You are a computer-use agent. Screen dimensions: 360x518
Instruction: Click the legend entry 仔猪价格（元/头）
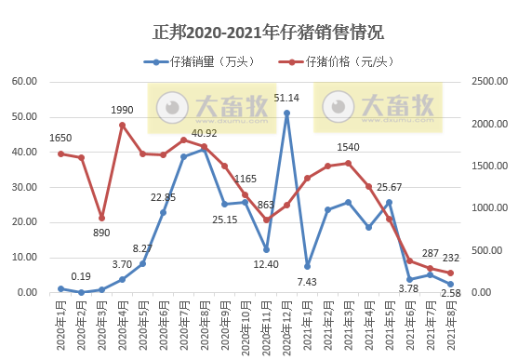click(338, 62)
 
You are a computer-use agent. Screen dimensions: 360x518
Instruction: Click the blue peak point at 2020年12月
click(286, 113)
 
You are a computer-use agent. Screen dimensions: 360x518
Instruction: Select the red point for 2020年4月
click(122, 125)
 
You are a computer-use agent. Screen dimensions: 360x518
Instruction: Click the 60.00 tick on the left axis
click(22, 82)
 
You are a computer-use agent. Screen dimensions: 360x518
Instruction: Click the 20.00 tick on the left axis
click(22, 222)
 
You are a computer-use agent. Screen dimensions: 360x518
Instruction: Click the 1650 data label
click(60, 138)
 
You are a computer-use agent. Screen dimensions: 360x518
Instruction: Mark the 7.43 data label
click(307, 281)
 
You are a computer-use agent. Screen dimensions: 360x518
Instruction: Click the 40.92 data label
click(205, 133)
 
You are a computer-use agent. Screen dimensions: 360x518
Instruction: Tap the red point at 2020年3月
click(101, 218)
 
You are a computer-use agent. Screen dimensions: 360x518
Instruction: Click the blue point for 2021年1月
click(307, 266)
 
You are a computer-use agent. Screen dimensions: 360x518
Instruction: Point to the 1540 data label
click(348, 148)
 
